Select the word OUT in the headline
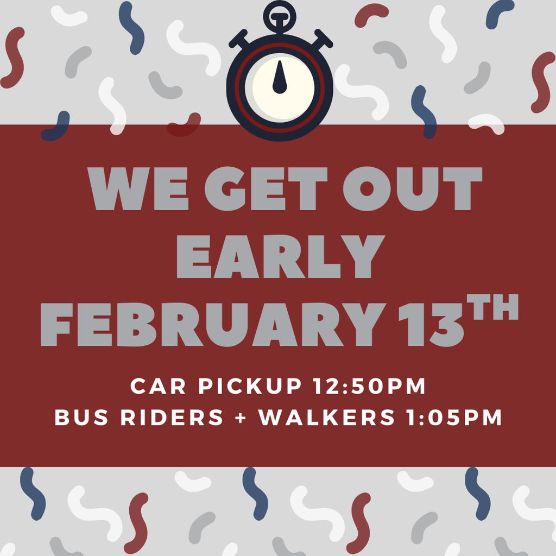[x=413, y=188]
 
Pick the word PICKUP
[x=248, y=387]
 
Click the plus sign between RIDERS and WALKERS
[x=241, y=418]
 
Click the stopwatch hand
[x=280, y=78]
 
